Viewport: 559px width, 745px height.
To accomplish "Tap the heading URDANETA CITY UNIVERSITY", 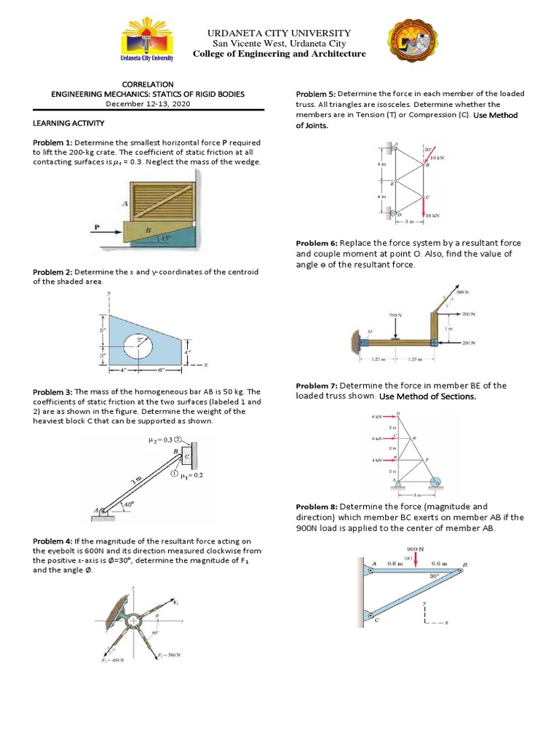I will (x=279, y=33).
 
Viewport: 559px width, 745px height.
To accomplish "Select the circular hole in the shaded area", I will (x=139, y=348).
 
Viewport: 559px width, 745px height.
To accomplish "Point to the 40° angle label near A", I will (x=128, y=503).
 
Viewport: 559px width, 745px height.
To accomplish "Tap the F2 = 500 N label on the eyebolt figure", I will (x=170, y=655).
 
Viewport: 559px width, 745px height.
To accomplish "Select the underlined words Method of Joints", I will (x=312, y=125).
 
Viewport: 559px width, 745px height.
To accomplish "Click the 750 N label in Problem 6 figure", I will (x=394, y=315).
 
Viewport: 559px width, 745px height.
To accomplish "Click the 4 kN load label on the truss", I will (x=376, y=460).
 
